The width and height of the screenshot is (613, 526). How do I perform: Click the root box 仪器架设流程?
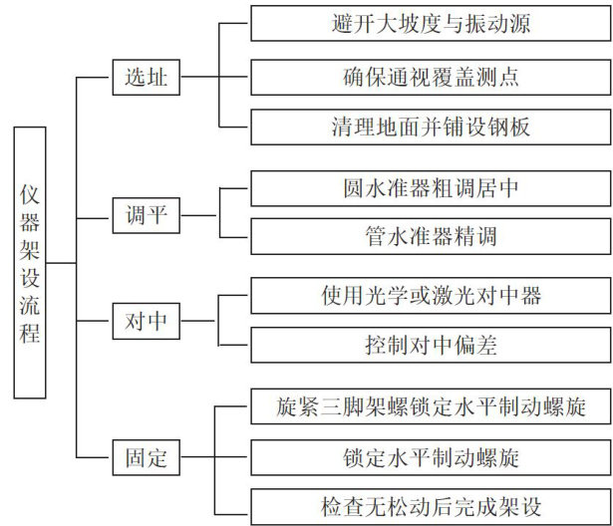(x=30, y=263)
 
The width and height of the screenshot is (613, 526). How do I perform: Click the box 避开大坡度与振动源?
(x=430, y=23)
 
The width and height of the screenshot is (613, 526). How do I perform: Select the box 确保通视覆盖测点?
(x=430, y=77)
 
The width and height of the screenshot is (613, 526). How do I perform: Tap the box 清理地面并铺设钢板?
(x=430, y=129)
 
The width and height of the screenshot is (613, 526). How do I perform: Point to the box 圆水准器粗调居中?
(x=430, y=187)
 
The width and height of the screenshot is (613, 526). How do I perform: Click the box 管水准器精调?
(x=430, y=238)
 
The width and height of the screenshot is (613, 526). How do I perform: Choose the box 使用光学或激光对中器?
(x=430, y=295)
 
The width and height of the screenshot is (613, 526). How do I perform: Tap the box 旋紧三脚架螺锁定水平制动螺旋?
(x=430, y=406)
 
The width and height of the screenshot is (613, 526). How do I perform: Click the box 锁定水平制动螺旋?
(x=430, y=458)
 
